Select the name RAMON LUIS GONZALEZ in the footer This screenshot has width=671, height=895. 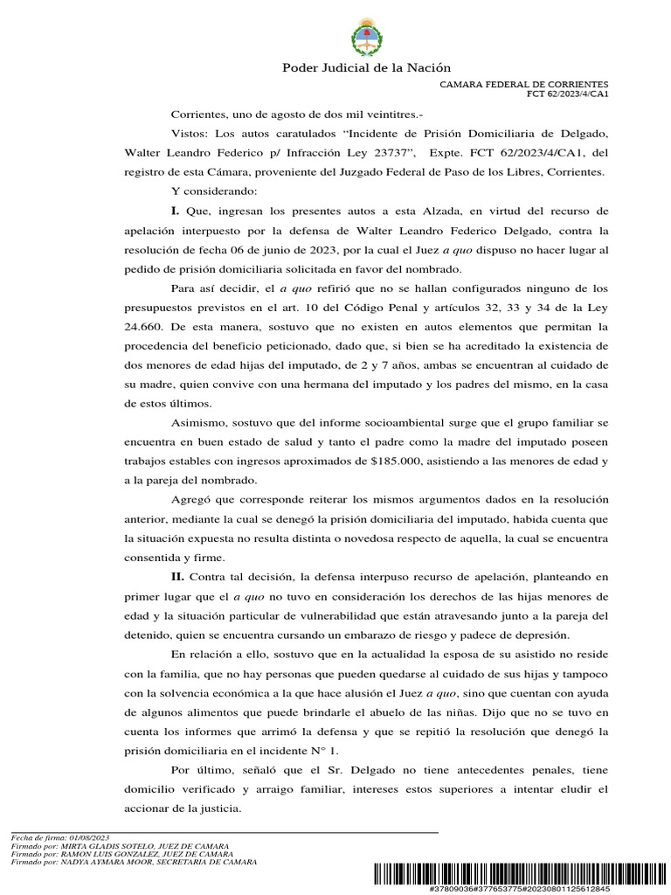[x=105, y=854]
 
